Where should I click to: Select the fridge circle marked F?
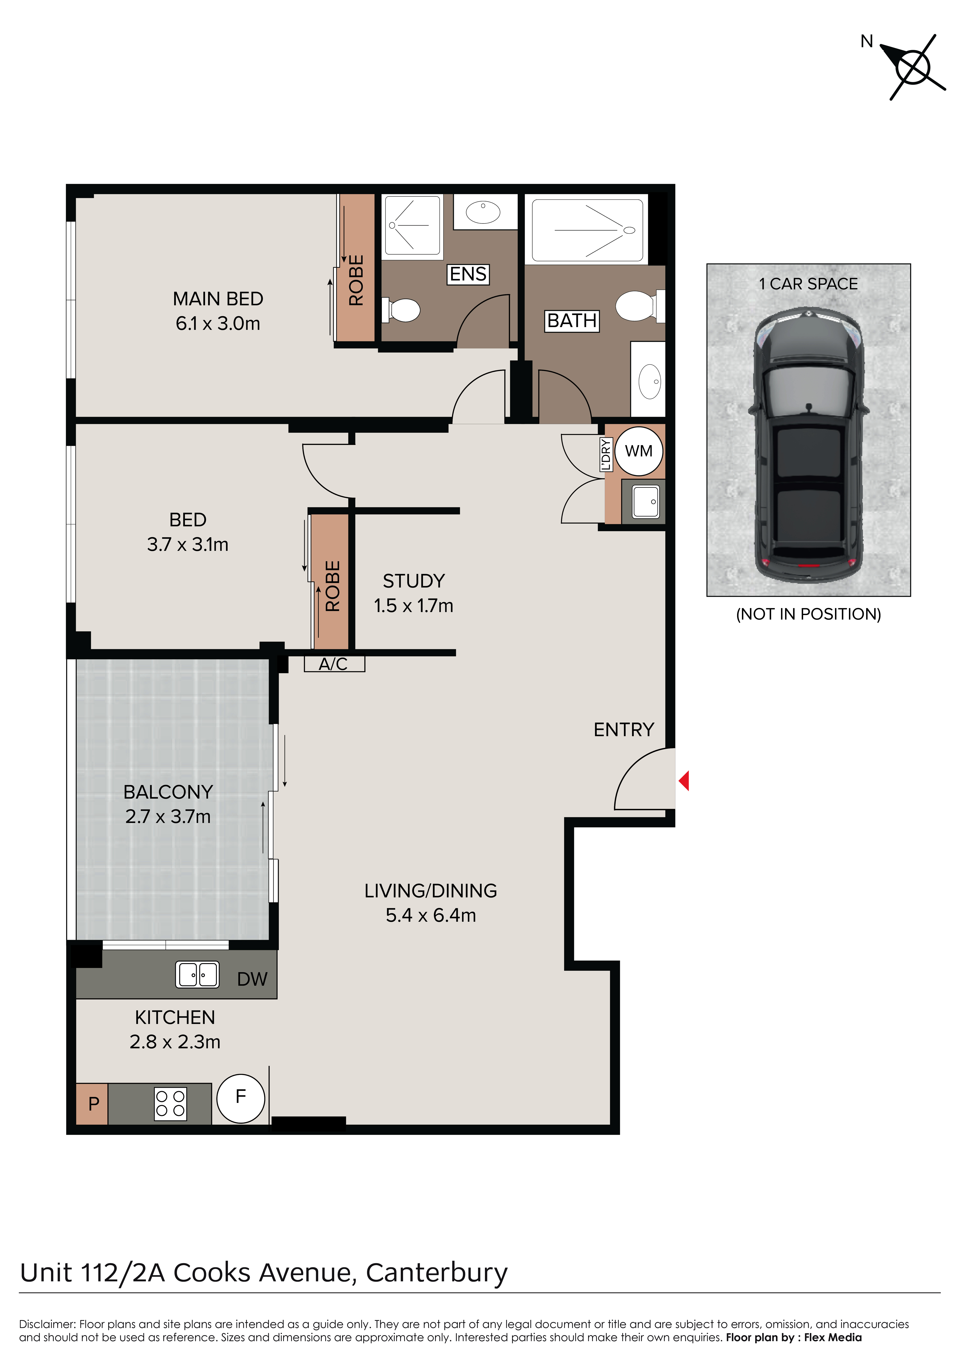(241, 1098)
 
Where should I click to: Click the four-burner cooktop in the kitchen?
(170, 1104)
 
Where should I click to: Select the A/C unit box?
(334, 664)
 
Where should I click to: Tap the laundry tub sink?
(646, 502)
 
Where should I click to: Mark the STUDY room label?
(414, 581)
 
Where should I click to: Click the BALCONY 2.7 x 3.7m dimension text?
(168, 816)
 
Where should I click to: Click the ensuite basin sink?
(483, 212)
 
